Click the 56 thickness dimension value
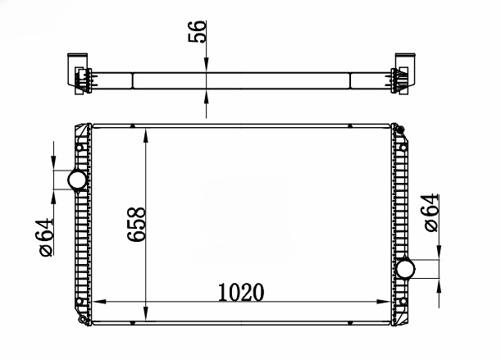pos(197,31)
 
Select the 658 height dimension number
pos(136,224)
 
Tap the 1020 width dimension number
pos(241,292)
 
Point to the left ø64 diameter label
pos(46,237)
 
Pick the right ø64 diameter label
pos(431,212)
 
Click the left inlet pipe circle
pos(77,180)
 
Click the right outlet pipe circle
pos(405,269)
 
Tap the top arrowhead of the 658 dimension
pos(146,135)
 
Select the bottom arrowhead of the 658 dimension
pos(146,313)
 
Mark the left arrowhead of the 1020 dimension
pos(98,301)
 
